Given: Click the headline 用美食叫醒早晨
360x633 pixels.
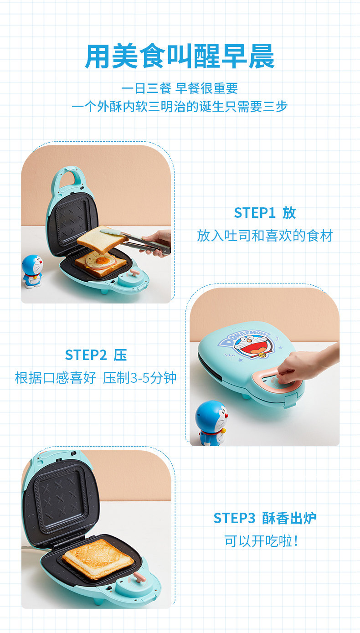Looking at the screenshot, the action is (180, 57).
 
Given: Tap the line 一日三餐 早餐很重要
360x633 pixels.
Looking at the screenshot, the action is (180, 88).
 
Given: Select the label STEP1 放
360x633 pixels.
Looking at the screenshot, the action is (265, 213).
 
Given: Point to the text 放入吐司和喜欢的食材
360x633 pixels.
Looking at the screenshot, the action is (265, 236).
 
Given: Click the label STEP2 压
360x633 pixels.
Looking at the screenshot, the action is (96, 355).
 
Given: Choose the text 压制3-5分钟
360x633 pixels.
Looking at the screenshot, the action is (139, 378).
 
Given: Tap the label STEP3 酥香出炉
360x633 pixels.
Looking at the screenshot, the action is (265, 518).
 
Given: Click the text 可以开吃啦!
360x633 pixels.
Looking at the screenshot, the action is (261, 541).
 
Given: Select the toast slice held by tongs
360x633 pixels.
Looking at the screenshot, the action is (102, 239).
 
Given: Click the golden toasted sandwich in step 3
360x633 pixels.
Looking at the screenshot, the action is (98, 560).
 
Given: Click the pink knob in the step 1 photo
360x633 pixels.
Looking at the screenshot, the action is (134, 273).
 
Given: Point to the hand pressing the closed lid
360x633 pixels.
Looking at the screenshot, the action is (307, 365).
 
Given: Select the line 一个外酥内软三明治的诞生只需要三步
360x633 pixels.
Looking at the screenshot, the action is (180, 107).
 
